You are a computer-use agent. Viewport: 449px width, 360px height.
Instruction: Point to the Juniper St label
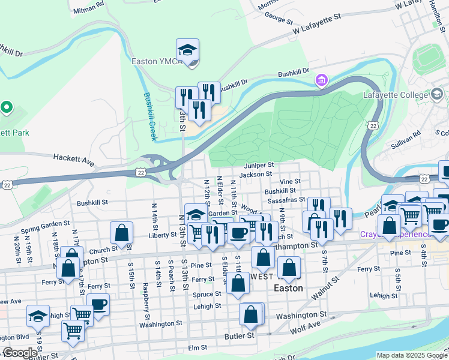click(x=259, y=165)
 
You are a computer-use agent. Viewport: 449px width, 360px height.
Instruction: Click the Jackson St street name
click(x=256, y=175)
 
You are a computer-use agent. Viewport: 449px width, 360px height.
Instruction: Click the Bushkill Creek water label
click(x=150, y=116)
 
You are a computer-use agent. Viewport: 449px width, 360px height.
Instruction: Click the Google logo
click(x=20, y=353)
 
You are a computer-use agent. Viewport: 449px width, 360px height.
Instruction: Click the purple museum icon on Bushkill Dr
click(x=322, y=80)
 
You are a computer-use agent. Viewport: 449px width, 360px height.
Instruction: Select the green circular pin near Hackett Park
click(x=7, y=108)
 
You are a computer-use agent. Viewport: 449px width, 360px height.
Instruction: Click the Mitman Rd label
click(x=88, y=11)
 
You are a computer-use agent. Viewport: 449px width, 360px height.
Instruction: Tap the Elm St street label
click(x=197, y=347)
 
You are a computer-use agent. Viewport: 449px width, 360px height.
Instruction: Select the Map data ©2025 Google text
click(x=411, y=355)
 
